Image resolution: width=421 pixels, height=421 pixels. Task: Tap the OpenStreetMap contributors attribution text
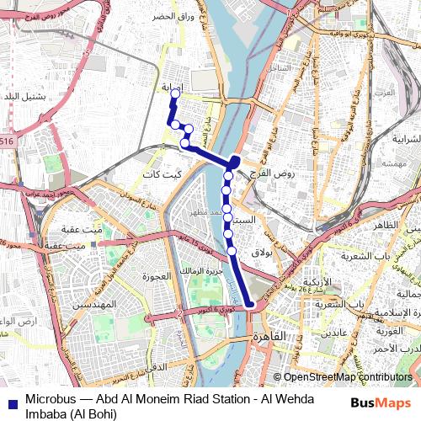[348, 378]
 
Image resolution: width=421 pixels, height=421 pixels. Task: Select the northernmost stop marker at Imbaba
[174, 94]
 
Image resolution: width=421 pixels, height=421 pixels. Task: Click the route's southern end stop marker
[250, 307]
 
